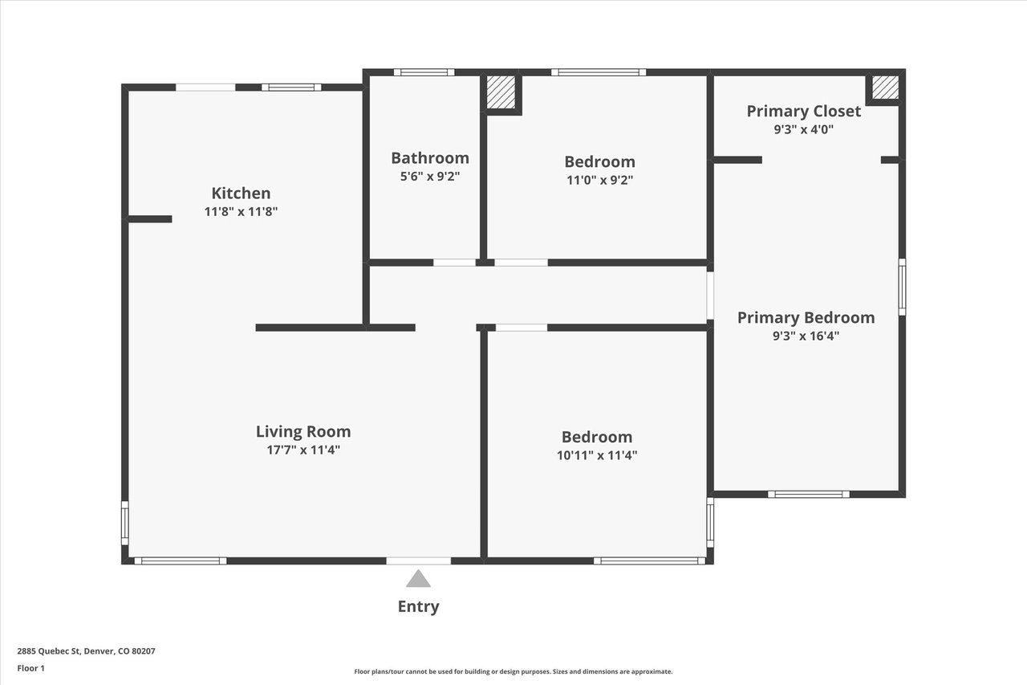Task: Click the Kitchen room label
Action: tap(241, 194)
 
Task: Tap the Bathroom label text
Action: tap(430, 158)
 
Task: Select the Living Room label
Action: tap(303, 431)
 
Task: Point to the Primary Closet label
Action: tap(804, 111)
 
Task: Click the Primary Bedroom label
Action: tap(806, 317)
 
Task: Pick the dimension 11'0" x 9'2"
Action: tap(599, 180)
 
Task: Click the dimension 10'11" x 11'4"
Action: tap(597, 455)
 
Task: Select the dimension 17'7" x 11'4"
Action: tap(303, 450)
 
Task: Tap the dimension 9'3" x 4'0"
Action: tap(804, 129)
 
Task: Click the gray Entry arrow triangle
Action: tap(418, 579)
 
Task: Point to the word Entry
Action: tap(418, 606)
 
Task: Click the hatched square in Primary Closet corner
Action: tap(885, 88)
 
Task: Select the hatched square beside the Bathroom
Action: tap(501, 92)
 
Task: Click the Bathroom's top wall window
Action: tap(424, 72)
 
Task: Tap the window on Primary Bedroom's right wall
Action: tap(902, 287)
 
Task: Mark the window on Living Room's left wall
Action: tap(124, 523)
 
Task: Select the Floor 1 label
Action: tap(30, 668)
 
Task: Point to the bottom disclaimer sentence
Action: tap(513, 671)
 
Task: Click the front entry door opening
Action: tap(418, 561)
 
